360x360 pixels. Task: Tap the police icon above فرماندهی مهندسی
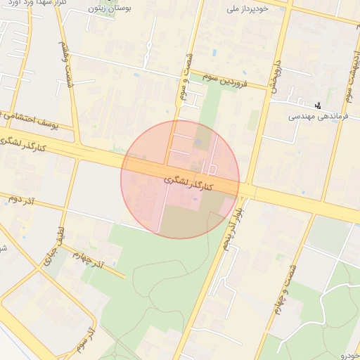[x=320, y=105]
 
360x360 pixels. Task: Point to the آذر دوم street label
[x=21, y=199]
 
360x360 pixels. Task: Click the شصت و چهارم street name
[x=282, y=293]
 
